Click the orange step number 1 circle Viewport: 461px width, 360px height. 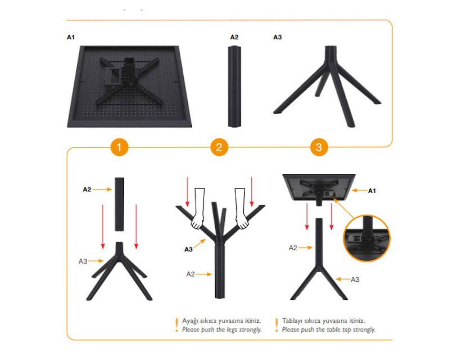pyautogui.click(x=119, y=147)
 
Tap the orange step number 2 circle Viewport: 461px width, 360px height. pyautogui.click(x=219, y=147)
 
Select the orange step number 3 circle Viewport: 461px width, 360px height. pyautogui.click(x=319, y=147)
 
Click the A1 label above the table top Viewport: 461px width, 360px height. pyautogui.click(x=71, y=37)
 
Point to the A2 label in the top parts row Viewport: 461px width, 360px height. pyautogui.click(x=234, y=37)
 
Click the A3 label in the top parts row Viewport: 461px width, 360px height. pyautogui.click(x=278, y=37)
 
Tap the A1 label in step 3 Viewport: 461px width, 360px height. pyautogui.click(x=372, y=191)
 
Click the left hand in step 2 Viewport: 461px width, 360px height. pyautogui.click(x=198, y=209)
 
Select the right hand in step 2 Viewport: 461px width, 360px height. pyautogui.click(x=241, y=209)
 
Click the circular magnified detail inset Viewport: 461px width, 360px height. pyautogui.click(x=367, y=238)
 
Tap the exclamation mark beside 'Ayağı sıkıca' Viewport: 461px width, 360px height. pyautogui.click(x=177, y=325)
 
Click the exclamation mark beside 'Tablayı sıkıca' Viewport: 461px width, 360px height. pyautogui.click(x=277, y=325)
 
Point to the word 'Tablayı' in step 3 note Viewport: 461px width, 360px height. pyautogui.click(x=292, y=321)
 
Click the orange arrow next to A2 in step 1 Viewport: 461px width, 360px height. pyautogui.click(x=102, y=190)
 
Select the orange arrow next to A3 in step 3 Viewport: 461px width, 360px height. pyautogui.click(x=343, y=279)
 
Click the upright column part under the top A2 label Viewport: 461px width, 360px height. pyautogui.click(x=234, y=87)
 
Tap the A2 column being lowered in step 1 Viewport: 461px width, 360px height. pyautogui.click(x=119, y=204)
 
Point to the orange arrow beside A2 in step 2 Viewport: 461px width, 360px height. pyautogui.click(x=204, y=274)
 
